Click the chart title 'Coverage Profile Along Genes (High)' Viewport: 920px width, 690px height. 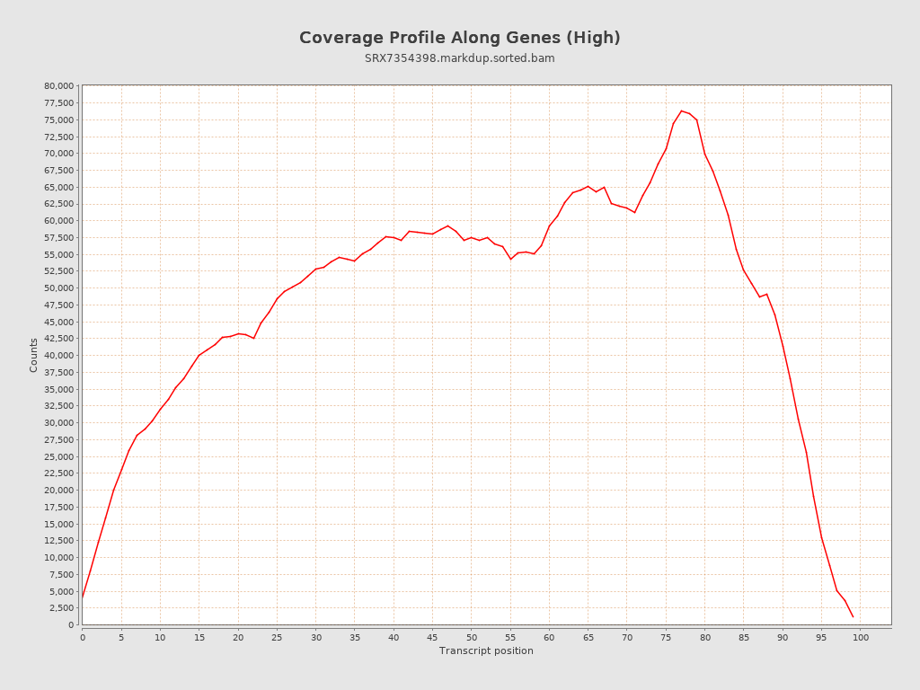(459, 38)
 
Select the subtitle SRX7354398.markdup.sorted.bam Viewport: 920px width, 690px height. (459, 58)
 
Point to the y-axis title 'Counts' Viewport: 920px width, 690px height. (34, 355)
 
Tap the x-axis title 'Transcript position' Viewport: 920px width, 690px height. (486, 650)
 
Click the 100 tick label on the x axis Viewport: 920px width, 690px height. (861, 638)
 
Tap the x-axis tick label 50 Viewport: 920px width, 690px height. (471, 638)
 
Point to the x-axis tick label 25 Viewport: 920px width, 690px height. (277, 638)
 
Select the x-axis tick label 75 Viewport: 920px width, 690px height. (666, 638)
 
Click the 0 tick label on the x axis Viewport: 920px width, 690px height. (83, 638)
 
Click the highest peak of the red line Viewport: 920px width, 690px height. (681, 111)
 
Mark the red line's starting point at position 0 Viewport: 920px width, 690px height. (83, 597)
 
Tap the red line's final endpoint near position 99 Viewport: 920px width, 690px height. (853, 616)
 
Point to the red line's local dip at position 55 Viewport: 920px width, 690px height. (510, 259)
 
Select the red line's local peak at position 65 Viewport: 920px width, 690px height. (588, 186)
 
